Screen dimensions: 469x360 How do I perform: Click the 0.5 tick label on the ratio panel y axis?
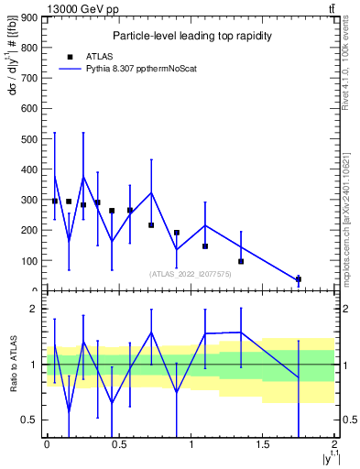(28, 420)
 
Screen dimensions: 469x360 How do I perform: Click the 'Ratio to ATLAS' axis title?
(12, 365)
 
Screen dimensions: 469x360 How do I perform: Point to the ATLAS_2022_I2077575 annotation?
(190, 273)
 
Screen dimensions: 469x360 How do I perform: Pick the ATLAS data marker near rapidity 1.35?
(241, 261)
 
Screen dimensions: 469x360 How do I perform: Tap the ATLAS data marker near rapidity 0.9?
(176, 233)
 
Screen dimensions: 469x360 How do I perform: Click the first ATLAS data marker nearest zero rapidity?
(55, 201)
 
